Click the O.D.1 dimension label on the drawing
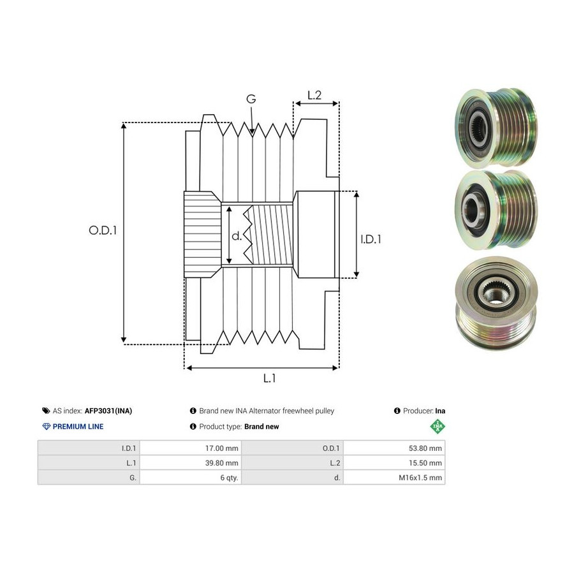click(x=103, y=230)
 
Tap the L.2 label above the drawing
click(x=314, y=95)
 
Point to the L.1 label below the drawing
click(x=269, y=378)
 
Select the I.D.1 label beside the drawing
click(x=371, y=239)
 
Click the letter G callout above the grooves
click(x=251, y=99)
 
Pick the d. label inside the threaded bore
click(x=237, y=236)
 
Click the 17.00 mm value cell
click(x=191, y=448)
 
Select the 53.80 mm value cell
click(x=394, y=448)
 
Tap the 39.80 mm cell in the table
click(x=191, y=463)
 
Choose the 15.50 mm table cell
click(x=394, y=463)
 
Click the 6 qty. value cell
click(x=191, y=477)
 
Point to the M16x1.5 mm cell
click(x=394, y=477)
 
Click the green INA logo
click(x=438, y=427)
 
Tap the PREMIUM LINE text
click(x=78, y=427)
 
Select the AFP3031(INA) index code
click(x=108, y=411)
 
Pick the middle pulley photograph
click(x=496, y=210)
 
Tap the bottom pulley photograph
click(x=496, y=303)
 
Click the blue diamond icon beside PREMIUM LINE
click(x=47, y=427)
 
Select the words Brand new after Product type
click(x=261, y=427)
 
